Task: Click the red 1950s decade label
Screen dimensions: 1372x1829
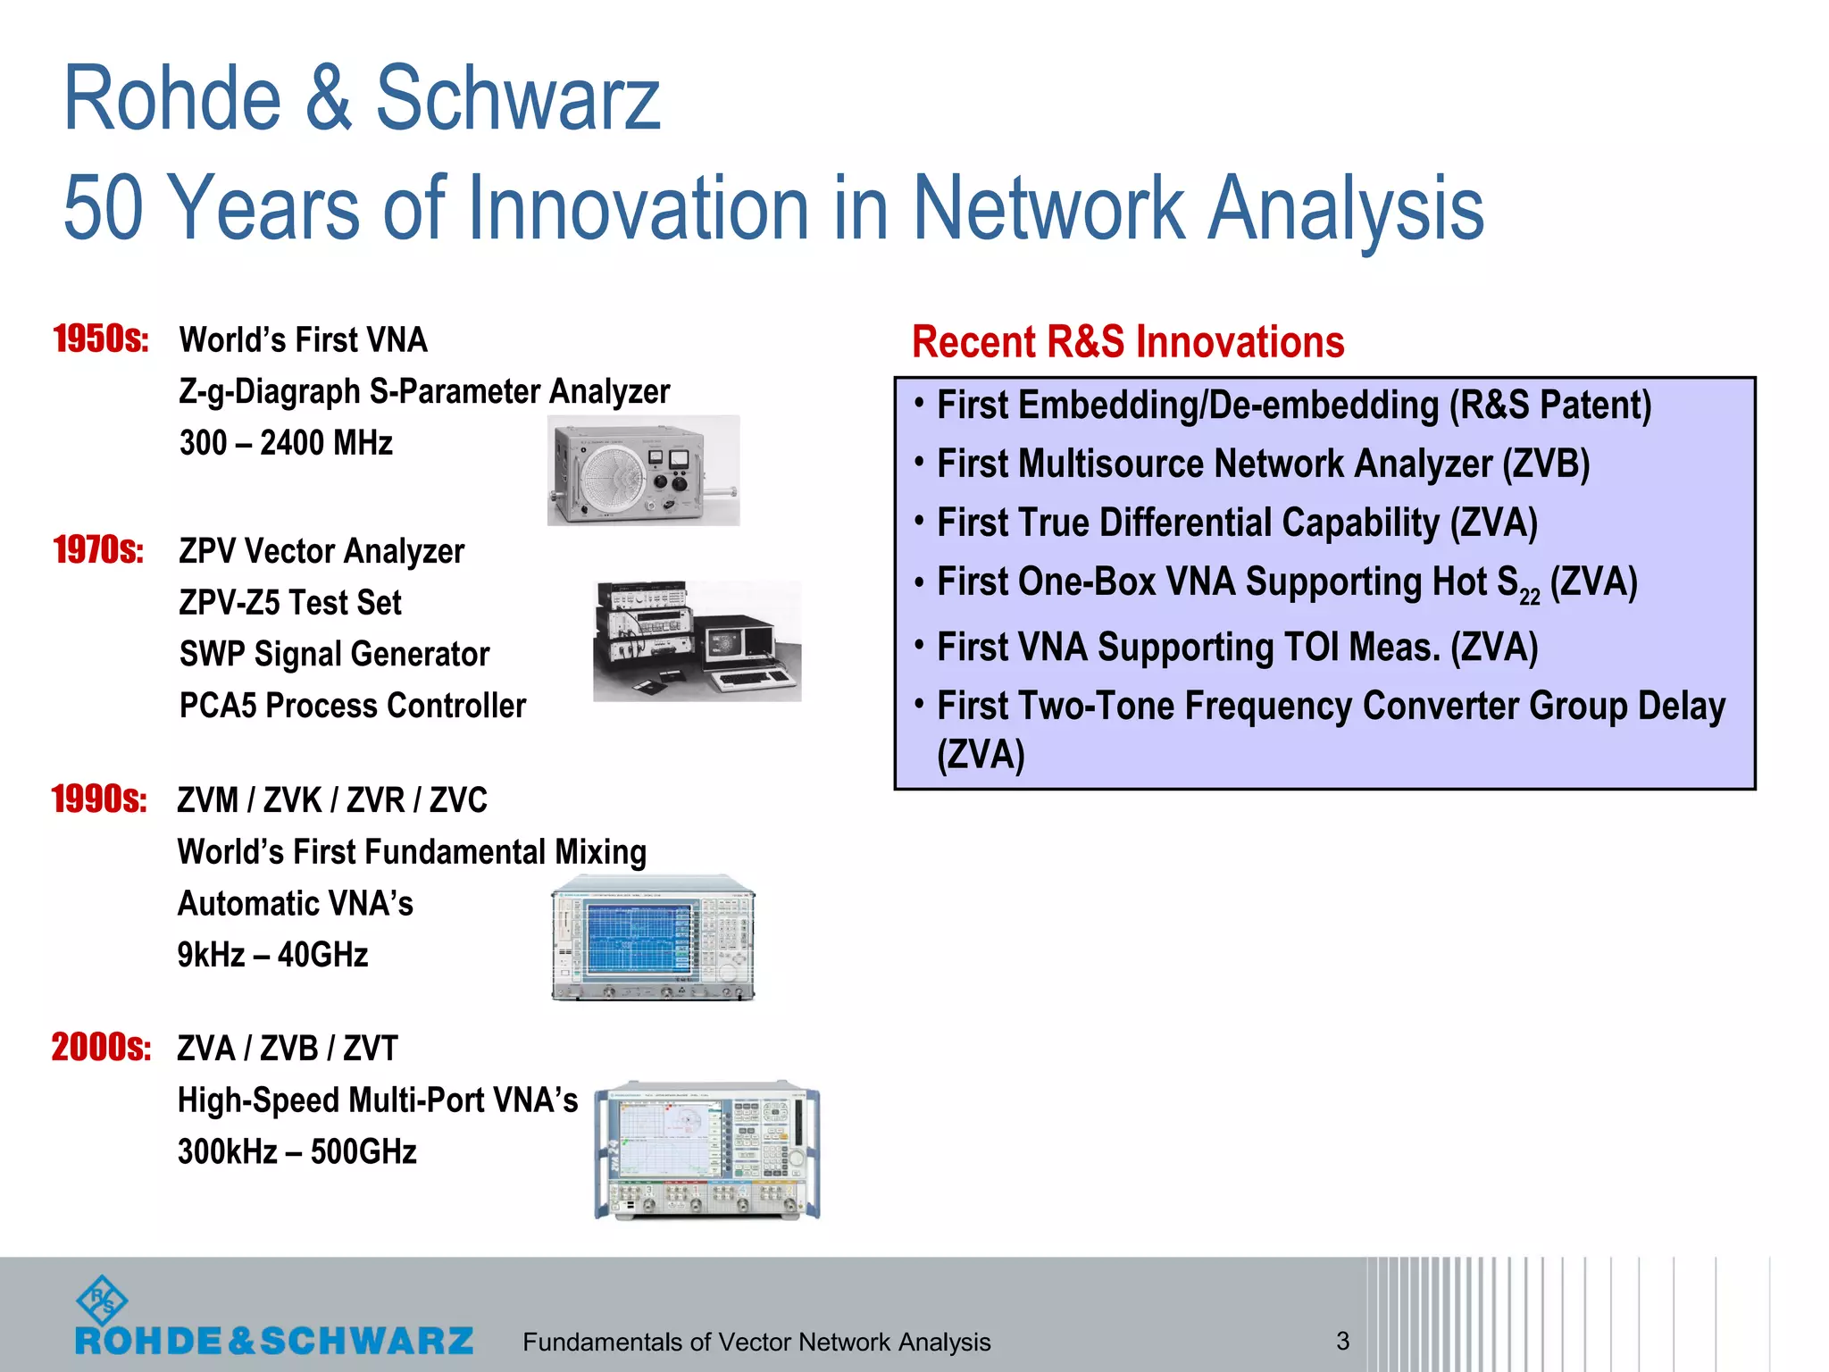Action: (100, 339)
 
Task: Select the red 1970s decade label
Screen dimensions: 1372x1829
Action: (98, 550)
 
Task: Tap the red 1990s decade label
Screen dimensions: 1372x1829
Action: (98, 799)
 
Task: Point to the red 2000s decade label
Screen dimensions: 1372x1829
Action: (100, 1047)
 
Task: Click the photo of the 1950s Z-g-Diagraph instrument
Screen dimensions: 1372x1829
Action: (643, 471)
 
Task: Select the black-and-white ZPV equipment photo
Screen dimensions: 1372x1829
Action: (697, 641)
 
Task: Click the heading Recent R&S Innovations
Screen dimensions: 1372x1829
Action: (1127, 342)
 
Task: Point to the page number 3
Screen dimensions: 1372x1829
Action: (1342, 1341)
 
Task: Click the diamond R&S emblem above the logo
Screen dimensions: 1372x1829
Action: (102, 1300)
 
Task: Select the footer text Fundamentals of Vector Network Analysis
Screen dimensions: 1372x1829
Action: (756, 1342)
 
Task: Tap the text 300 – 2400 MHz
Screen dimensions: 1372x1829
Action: (286, 443)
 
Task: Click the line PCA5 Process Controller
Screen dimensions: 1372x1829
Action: (353, 706)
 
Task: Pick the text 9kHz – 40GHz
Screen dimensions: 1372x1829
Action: (272, 955)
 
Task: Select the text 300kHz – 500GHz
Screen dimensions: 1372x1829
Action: (296, 1151)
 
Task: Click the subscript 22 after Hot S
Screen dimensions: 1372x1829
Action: (1529, 596)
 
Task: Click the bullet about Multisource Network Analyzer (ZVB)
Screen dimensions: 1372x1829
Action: (1263, 464)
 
